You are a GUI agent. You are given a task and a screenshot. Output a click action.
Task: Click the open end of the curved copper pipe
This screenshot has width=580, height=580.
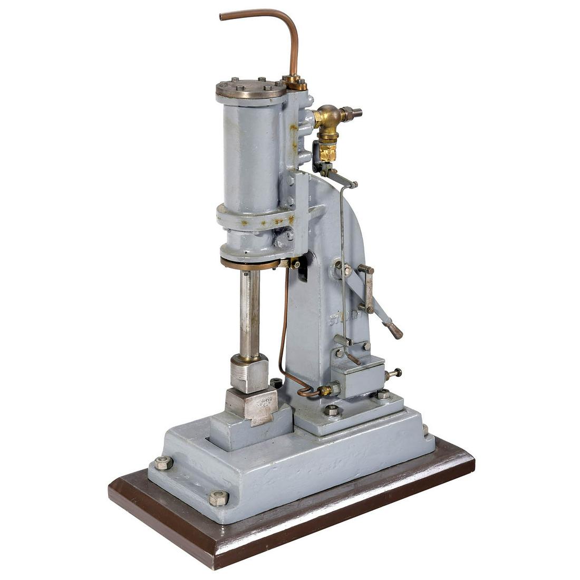pos(222,17)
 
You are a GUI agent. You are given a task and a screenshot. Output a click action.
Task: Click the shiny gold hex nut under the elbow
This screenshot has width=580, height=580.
pos(328,152)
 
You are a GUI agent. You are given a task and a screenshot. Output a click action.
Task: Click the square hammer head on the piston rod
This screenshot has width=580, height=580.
pos(249,373)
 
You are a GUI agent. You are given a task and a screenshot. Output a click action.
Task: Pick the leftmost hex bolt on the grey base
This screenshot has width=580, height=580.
pos(163,462)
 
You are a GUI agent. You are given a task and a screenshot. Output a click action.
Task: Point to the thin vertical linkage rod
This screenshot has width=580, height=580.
pos(343,264)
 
